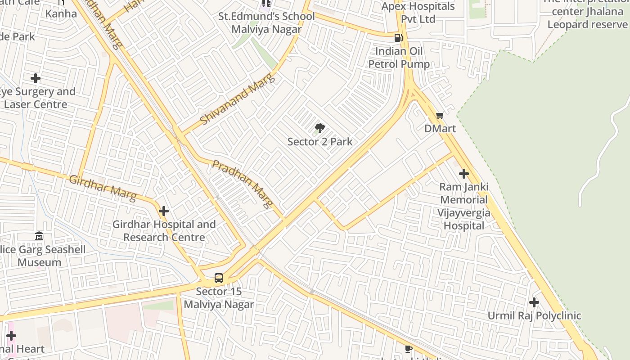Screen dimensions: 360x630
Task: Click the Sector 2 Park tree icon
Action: [x=319, y=128]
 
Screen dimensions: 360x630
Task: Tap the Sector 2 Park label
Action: [x=319, y=142]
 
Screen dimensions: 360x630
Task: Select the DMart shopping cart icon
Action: [x=440, y=116]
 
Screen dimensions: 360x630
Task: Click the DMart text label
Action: [x=440, y=129]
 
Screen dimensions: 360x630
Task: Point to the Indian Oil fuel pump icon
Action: [x=398, y=38]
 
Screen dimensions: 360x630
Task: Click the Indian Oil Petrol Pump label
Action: [x=399, y=58]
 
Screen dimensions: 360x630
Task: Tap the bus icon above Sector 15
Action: [x=219, y=278]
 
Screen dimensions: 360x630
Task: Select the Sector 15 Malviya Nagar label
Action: [x=219, y=298]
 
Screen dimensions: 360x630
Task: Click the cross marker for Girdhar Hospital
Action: [x=164, y=211]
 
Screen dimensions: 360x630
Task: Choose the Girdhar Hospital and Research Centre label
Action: [x=164, y=230]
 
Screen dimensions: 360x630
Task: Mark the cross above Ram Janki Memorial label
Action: [x=463, y=174]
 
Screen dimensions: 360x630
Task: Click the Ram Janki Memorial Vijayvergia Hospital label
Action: [x=463, y=206]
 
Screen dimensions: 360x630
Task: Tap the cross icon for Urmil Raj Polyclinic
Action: [x=534, y=302]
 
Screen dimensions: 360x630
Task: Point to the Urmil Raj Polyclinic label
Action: [x=534, y=316]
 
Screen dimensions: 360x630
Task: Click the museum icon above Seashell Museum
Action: [x=39, y=236]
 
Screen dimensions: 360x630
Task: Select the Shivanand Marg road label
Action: [x=237, y=100]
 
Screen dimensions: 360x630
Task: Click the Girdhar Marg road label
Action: [x=103, y=188]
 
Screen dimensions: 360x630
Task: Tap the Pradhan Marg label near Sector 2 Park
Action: [x=243, y=184]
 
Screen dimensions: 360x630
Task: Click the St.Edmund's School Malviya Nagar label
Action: [x=266, y=23]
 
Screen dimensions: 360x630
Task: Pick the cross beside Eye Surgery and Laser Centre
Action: [x=36, y=78]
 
